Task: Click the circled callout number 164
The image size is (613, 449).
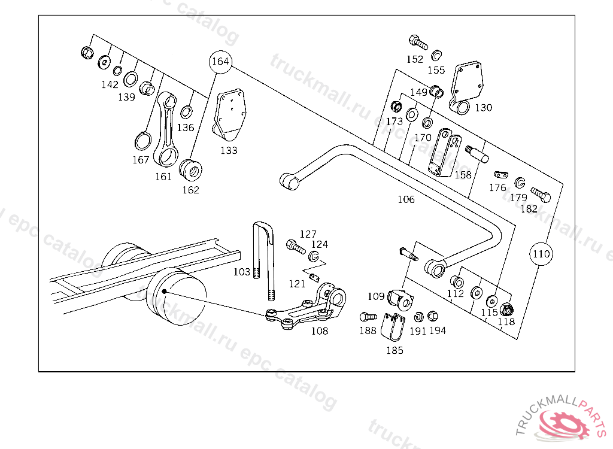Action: (220, 62)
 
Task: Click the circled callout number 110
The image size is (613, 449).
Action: (541, 254)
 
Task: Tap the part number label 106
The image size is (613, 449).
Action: (406, 199)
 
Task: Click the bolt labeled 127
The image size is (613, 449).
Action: (295, 245)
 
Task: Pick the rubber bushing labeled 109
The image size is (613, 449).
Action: (400, 298)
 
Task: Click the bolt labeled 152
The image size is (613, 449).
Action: (417, 42)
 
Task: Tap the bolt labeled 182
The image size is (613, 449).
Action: (540, 195)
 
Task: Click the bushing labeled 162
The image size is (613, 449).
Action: (190, 170)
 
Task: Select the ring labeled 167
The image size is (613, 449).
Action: (142, 141)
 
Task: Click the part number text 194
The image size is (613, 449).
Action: (438, 330)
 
